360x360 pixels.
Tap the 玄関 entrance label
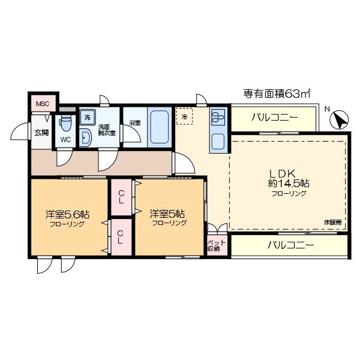pos(41,133)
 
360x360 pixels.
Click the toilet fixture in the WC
pos(65,124)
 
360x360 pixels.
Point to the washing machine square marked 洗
pos(87,117)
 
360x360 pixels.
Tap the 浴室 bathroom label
pos(135,124)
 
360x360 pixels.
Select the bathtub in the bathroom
pos(159,126)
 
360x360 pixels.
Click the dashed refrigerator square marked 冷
pos(185,116)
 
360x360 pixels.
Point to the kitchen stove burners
pos(218,115)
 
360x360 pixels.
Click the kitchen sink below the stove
pos(218,142)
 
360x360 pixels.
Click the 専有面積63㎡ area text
pos(276,94)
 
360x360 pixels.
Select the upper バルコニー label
pos(274,117)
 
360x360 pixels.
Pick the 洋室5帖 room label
pos(167,214)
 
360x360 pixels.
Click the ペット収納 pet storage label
pos(213,245)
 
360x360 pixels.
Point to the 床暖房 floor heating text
pos(332,222)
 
